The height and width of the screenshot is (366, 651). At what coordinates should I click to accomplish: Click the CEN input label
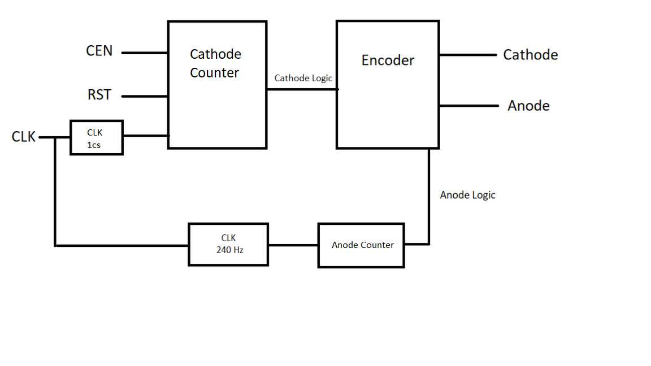(x=99, y=51)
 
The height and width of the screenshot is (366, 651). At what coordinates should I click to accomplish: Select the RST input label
(x=99, y=95)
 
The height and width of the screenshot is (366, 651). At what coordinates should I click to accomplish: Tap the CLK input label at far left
(x=24, y=137)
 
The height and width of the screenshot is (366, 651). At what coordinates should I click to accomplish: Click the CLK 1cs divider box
(x=97, y=137)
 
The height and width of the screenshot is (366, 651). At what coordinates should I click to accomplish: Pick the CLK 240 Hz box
(x=228, y=244)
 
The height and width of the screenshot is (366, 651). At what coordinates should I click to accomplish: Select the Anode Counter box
(x=362, y=245)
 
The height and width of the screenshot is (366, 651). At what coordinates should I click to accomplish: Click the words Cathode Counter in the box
(x=215, y=63)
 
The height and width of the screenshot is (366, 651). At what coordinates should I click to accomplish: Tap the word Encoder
(x=388, y=60)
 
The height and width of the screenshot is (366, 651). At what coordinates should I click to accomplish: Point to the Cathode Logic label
(x=303, y=78)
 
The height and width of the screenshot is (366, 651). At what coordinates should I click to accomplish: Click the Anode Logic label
(x=467, y=195)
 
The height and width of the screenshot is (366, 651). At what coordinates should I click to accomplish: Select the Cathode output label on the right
(x=530, y=55)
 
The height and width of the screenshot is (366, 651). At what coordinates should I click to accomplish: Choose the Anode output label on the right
(x=528, y=106)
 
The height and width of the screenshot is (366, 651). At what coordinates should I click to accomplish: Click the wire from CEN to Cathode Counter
(x=145, y=53)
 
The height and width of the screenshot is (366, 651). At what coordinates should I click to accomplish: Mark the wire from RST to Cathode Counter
(x=145, y=96)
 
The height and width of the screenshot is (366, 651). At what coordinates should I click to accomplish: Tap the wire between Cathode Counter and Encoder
(x=302, y=89)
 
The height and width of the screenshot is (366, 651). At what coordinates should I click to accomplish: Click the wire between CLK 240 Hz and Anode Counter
(x=293, y=245)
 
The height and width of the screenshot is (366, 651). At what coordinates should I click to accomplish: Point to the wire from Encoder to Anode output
(x=468, y=106)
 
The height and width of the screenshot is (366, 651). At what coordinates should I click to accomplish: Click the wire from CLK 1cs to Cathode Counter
(x=145, y=136)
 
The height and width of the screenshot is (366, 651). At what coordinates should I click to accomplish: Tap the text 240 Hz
(x=229, y=250)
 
